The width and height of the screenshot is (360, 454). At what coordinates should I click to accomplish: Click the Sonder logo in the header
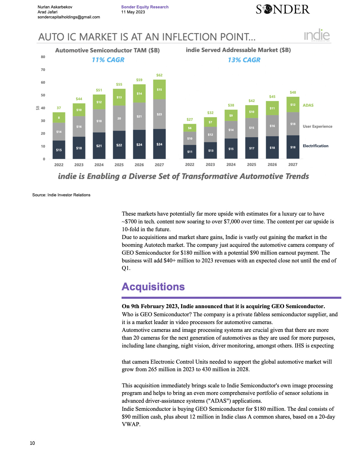point(283,9)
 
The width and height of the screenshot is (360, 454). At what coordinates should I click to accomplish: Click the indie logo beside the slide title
point(317,35)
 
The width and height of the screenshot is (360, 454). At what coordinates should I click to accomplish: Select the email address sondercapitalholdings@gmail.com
point(69,17)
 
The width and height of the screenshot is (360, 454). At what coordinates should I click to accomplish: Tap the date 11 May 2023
point(133,12)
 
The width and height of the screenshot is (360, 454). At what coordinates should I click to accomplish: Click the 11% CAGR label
point(108,60)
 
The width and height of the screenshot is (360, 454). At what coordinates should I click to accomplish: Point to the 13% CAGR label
point(244,60)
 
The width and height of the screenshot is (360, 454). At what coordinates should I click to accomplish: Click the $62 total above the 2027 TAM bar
point(159,75)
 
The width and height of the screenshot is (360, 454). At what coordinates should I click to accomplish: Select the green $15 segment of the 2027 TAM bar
point(159,90)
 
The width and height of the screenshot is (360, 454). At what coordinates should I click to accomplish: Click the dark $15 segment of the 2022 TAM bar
point(59,150)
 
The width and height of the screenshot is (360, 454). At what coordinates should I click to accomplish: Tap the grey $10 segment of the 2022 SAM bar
point(190,139)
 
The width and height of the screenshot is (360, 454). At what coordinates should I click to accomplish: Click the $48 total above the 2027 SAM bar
point(293,92)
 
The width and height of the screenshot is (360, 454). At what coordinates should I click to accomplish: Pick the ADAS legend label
point(308,105)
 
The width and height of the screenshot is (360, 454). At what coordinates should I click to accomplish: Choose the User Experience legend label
point(318,126)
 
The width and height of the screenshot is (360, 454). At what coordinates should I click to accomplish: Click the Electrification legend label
point(316,146)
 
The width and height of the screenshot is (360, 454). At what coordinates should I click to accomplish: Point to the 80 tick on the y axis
point(43,57)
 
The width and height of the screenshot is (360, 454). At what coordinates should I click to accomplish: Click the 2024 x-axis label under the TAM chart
point(99,165)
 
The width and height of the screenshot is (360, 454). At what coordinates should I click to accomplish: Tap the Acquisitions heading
point(153,287)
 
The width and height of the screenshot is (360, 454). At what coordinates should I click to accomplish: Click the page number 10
point(32,443)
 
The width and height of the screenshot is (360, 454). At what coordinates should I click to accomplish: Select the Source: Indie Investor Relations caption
point(61,195)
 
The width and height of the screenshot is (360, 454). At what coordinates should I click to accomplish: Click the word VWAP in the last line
point(131,424)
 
